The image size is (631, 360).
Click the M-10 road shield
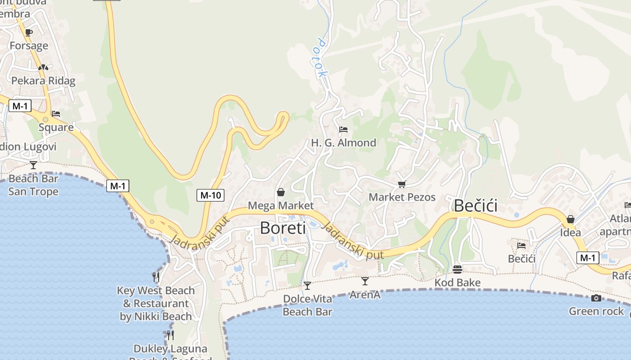click(210, 195)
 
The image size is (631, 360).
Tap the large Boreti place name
click(283, 228)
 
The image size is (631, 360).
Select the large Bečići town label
click(476, 206)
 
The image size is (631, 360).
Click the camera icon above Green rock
click(596, 298)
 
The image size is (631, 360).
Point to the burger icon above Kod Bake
click(457, 269)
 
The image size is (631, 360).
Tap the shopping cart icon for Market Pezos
click(402, 184)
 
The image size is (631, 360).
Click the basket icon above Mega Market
click(281, 192)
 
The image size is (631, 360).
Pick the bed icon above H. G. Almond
click(343, 130)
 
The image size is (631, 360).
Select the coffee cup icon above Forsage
click(29, 32)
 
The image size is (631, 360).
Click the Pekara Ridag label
click(43, 81)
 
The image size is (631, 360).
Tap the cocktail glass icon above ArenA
click(365, 281)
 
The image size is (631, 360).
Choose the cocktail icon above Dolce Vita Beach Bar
click(307, 285)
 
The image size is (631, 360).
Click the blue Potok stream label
click(320, 58)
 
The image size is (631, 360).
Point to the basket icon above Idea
click(570, 219)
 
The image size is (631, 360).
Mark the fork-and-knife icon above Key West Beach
click(156, 276)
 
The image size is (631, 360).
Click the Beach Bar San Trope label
click(33, 185)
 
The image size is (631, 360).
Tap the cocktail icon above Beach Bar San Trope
click(33, 165)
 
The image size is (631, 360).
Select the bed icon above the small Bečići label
click(521, 245)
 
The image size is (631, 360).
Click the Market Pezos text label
click(402, 197)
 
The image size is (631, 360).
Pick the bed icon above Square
click(56, 113)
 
